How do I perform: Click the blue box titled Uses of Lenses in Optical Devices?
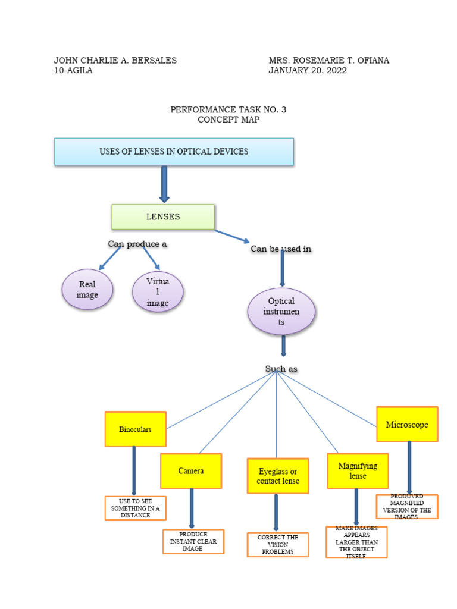pos(174,152)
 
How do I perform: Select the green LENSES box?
pos(163,217)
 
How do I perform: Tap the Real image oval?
pos(87,290)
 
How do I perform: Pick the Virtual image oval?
pos(158,292)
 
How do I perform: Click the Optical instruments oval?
pos(281,312)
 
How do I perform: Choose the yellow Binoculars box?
pos(135,429)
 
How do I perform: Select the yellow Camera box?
pos(191,471)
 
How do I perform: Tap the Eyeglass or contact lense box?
pos(278,476)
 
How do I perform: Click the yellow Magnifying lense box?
pos(358,471)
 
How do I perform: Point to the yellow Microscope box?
pos(407,425)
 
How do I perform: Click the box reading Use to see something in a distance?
pos(136,508)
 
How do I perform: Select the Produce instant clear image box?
pos(193,542)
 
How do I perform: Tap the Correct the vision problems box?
pos(278,545)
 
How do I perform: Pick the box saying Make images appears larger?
pos(356,542)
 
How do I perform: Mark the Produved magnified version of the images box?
pos(407,507)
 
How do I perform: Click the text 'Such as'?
pos(281,369)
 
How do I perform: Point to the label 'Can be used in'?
pos(281,249)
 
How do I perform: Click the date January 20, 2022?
pos(308,70)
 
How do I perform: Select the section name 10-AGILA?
pos(73,70)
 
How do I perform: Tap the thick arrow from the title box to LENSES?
pos(164,184)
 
